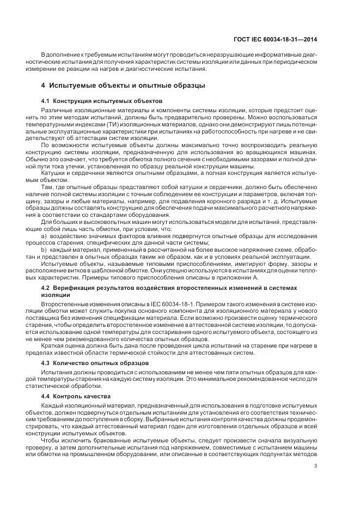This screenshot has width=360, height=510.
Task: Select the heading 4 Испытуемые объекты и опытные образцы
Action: (x=123, y=86)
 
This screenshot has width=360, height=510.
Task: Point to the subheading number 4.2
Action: (x=47, y=287)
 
